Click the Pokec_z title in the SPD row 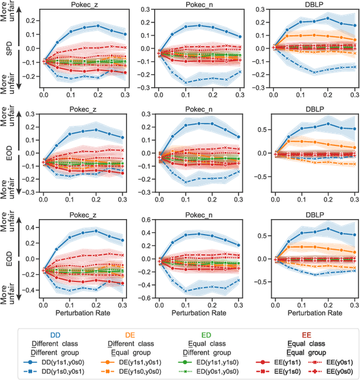[83, 5]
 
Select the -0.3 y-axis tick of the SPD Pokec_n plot [146, 87]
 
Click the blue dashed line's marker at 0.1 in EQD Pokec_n [185, 291]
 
